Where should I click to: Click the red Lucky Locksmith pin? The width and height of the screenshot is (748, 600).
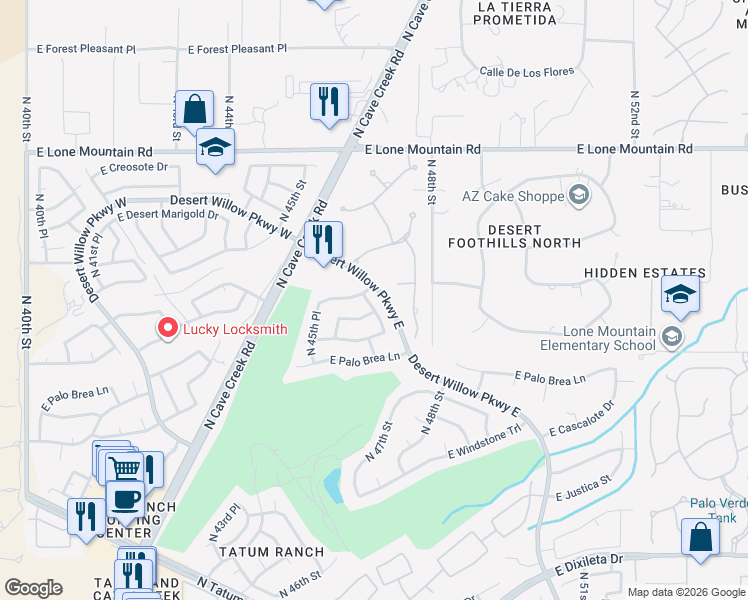pyautogui.click(x=168, y=328)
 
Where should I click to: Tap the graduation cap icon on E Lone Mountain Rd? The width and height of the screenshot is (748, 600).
pyautogui.click(x=214, y=147)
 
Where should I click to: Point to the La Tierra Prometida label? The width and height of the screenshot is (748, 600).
pyautogui.click(x=515, y=13)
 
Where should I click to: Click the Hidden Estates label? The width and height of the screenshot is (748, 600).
pyautogui.click(x=645, y=273)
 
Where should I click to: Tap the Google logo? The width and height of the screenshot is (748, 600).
pyautogui.click(x=33, y=587)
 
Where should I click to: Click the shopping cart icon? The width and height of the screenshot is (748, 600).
pyautogui.click(x=124, y=468)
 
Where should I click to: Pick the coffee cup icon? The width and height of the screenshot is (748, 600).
pyautogui.click(x=125, y=498)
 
